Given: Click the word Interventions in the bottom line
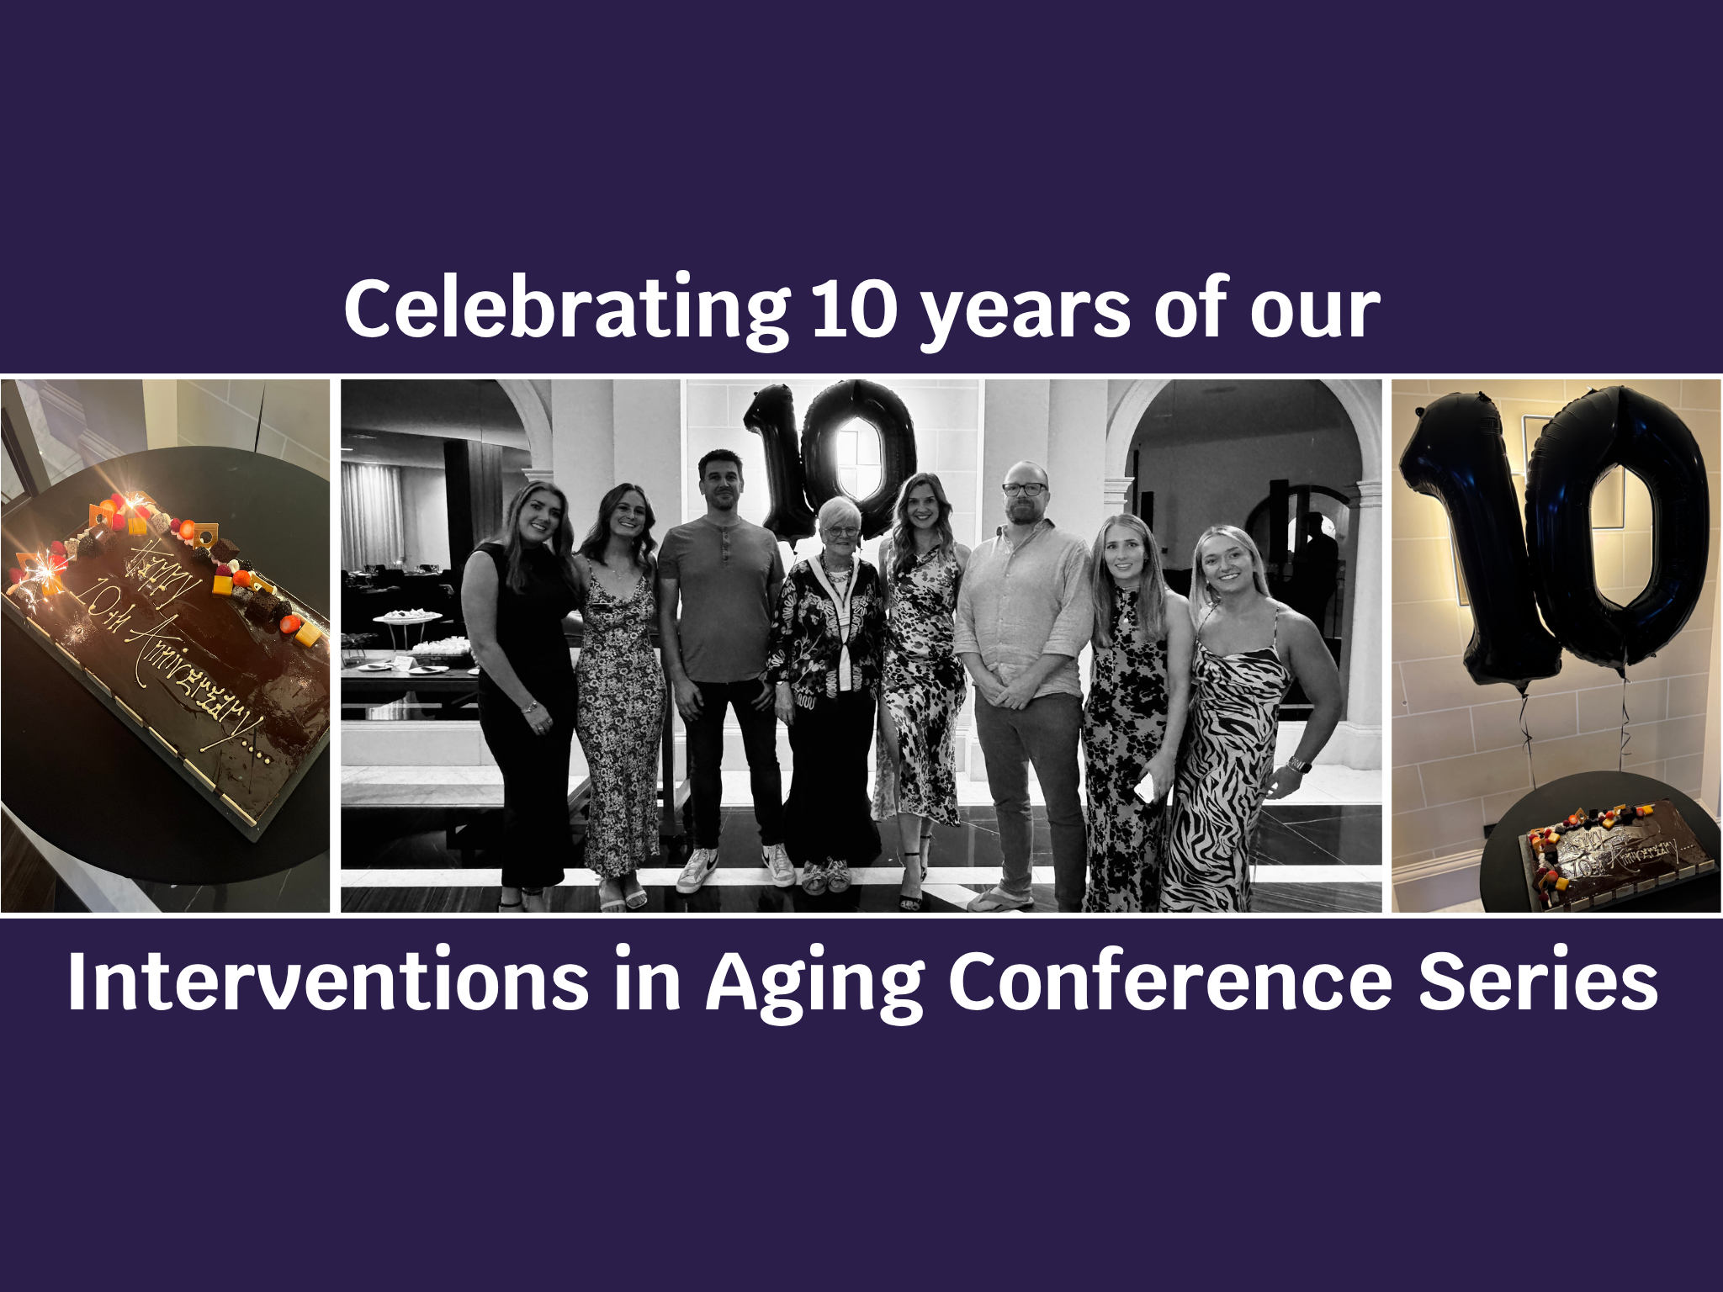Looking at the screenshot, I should (328, 981).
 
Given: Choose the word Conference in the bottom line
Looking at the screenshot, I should (1170, 981).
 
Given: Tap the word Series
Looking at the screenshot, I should (1538, 981).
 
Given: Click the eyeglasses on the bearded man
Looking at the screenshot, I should (1024, 489).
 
